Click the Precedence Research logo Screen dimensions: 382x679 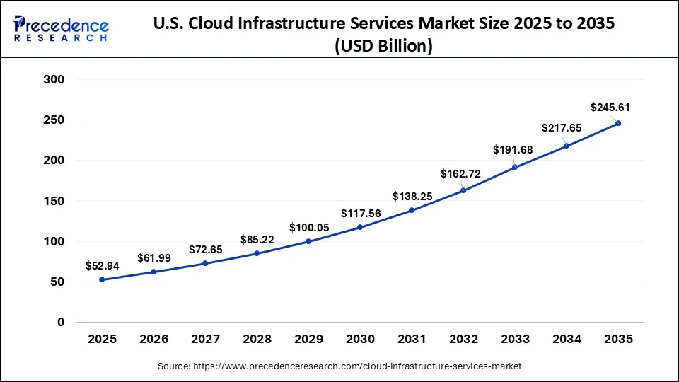click(61, 28)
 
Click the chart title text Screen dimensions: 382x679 click(383, 34)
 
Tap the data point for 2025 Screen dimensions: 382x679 click(102, 279)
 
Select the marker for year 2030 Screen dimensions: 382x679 click(360, 227)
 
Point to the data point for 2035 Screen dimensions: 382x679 click(618, 123)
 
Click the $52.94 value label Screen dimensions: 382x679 click(102, 265)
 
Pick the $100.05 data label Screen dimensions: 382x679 click(308, 228)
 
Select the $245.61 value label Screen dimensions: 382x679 click(610, 108)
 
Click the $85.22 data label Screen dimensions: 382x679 click(257, 239)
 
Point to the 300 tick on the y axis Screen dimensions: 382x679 click(54, 80)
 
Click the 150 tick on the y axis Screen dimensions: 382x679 click(54, 201)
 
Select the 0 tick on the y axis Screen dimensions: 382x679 click(60, 322)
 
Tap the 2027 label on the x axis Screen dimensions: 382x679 click(205, 340)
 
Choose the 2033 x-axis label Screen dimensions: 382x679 click(515, 340)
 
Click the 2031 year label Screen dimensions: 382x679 click(412, 340)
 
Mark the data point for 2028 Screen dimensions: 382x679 click(257, 253)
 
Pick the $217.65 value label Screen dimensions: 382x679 click(561, 128)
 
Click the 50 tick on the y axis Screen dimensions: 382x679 click(57, 282)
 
